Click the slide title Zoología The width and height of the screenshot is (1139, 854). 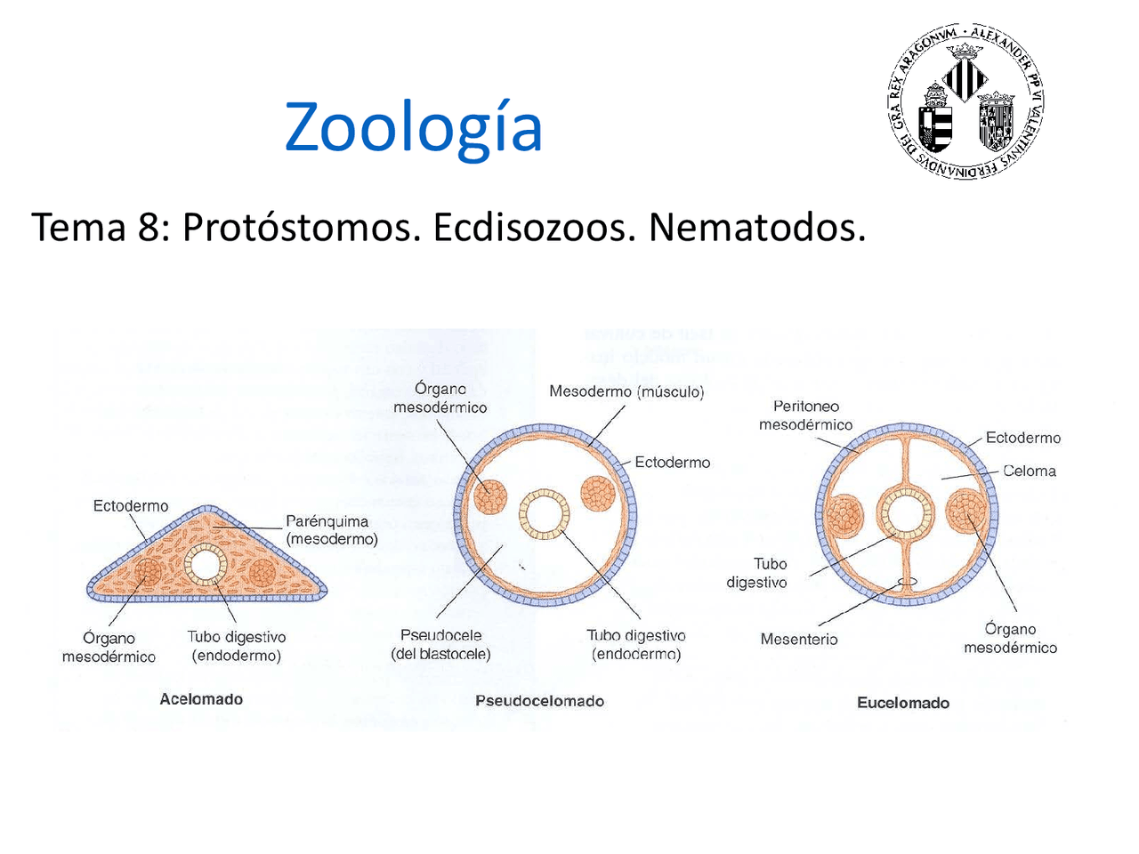[x=413, y=127]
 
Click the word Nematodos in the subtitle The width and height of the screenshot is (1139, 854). [x=756, y=228]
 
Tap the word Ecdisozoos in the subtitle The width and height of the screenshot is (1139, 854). [x=535, y=228]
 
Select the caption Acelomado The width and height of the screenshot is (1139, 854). [x=201, y=699]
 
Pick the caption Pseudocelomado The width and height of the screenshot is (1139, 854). [x=539, y=701]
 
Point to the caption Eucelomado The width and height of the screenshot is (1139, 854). [x=902, y=703]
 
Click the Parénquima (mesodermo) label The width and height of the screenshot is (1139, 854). [x=331, y=530]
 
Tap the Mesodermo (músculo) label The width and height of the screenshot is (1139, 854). [x=626, y=391]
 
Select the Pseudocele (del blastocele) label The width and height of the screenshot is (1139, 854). [x=440, y=645]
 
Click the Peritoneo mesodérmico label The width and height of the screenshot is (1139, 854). [x=805, y=415]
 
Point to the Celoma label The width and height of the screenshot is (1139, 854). [x=1030, y=471]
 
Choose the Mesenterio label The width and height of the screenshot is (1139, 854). [x=798, y=639]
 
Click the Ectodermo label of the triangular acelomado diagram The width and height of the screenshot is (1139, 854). [x=131, y=506]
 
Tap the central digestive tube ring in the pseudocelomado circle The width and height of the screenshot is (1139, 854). [x=544, y=514]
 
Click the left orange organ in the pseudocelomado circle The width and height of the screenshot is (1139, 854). [x=489, y=497]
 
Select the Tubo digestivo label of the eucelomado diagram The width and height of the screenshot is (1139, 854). [x=756, y=573]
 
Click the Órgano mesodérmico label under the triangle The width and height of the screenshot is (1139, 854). [x=109, y=648]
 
